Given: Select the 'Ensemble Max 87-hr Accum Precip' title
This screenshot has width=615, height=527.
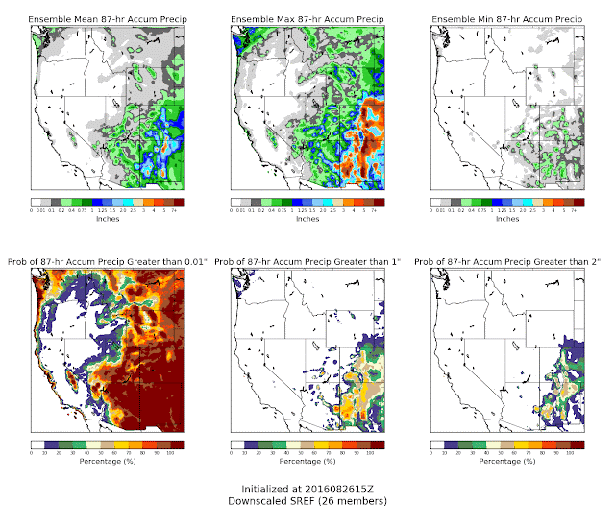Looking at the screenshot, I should [307, 18].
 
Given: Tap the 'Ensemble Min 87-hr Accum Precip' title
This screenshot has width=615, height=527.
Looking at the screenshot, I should [507, 18].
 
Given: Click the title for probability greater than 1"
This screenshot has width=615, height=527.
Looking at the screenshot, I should [307, 262].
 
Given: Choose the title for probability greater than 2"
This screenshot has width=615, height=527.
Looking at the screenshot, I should [507, 262].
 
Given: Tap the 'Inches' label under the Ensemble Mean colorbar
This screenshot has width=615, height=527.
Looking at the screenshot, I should [107, 219].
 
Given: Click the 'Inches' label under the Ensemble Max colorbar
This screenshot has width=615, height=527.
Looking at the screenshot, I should [307, 219].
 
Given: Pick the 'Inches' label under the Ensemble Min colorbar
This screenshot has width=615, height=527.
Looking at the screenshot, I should [508, 219].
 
